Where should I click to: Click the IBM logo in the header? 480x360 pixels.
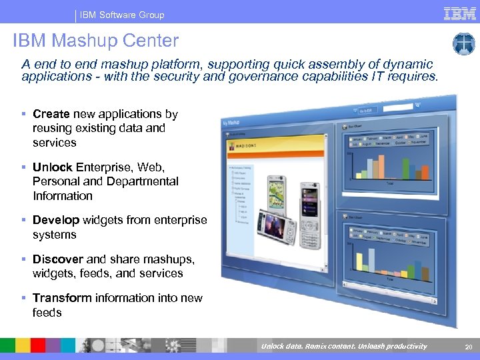pos(459,13)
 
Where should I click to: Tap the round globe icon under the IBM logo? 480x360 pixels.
pos(463,44)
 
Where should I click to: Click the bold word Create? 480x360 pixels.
pos(51,114)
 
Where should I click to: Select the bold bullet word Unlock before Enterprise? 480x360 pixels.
pos(53,167)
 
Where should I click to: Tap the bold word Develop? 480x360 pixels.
pos(56,220)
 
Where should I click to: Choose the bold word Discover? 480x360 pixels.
pos(58,259)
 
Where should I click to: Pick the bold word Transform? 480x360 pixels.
pos(62,297)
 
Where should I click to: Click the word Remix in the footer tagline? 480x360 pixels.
pos(311,346)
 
